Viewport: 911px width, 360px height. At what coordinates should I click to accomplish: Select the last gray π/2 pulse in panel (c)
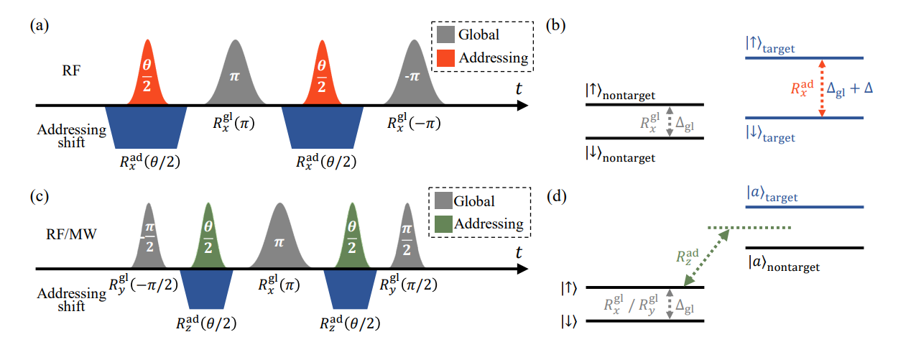tap(407, 241)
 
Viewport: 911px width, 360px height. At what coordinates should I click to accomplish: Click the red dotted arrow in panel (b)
tap(823, 88)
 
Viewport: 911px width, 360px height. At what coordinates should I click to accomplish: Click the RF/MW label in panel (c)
tap(83, 234)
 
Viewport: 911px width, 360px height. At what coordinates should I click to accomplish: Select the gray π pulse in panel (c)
tap(279, 241)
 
